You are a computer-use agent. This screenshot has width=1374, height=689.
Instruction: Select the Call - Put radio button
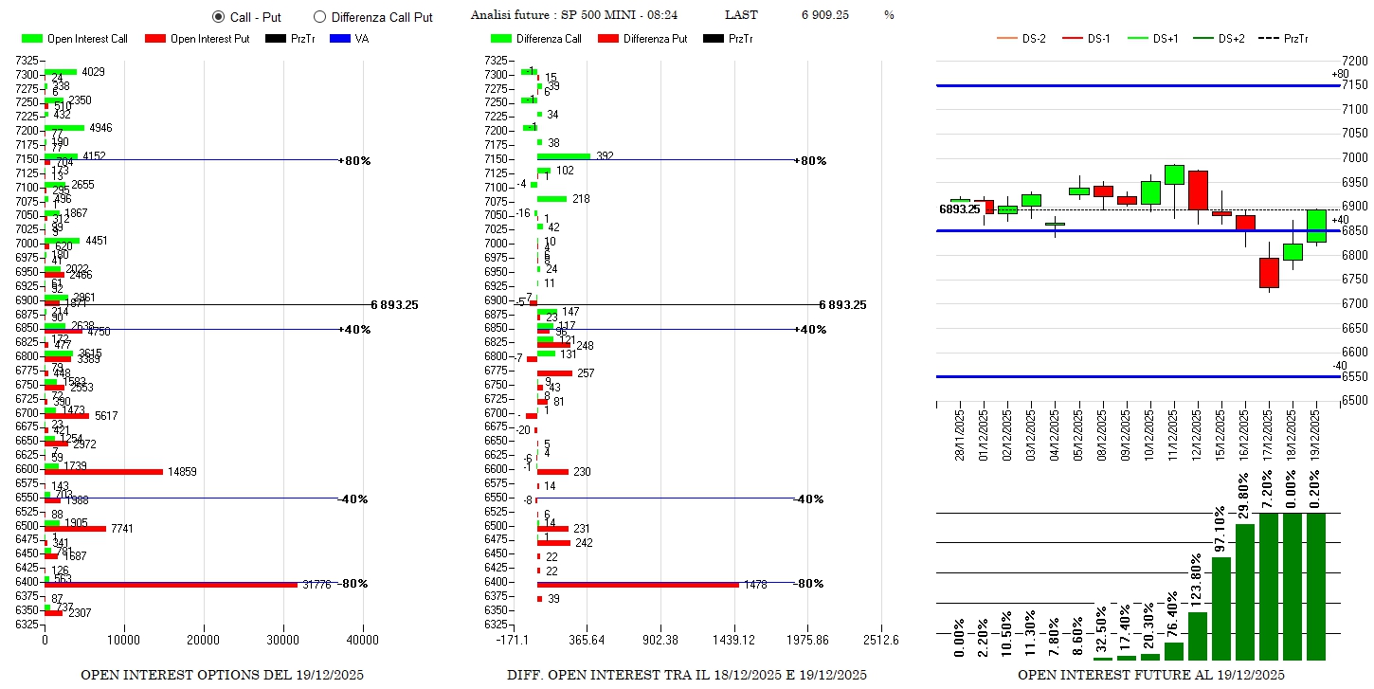click(x=218, y=17)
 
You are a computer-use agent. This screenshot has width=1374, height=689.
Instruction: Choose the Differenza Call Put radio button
click(x=319, y=17)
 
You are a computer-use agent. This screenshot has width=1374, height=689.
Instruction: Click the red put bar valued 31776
click(x=171, y=585)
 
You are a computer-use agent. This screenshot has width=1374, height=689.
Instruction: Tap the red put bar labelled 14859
click(x=104, y=471)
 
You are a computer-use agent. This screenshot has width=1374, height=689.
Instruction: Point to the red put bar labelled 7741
click(x=76, y=528)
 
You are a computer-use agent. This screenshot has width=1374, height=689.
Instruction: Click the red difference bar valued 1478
click(x=637, y=585)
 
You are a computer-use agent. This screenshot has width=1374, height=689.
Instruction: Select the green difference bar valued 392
click(x=563, y=156)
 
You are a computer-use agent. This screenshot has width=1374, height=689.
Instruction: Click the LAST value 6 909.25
click(x=824, y=15)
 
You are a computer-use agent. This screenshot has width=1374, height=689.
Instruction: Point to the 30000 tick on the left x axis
click(x=283, y=641)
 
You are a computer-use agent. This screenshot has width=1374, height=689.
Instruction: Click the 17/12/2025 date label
click(x=1269, y=435)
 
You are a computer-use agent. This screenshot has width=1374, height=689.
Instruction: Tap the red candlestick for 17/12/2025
click(x=1269, y=273)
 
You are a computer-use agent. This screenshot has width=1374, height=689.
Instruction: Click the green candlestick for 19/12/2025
click(x=1316, y=226)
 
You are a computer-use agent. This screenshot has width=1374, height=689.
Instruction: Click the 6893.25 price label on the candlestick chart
click(x=959, y=209)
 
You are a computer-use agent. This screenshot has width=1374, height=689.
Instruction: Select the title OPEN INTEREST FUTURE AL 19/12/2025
click(x=1150, y=675)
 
